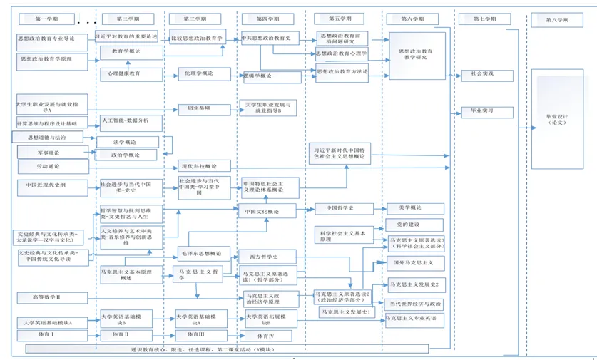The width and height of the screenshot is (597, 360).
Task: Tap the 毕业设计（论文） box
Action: [557, 119]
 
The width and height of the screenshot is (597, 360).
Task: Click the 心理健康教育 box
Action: [125, 73]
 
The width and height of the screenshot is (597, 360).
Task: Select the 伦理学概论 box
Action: [205, 73]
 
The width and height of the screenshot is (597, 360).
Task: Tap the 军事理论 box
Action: [49, 153]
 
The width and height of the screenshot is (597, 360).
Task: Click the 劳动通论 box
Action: [49, 167]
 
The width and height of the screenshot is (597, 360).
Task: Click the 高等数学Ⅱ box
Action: [47, 297]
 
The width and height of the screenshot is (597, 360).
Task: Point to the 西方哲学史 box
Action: [265, 257]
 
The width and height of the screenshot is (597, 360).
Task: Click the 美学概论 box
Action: [414, 208]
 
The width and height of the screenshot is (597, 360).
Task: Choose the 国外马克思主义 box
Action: [417, 262]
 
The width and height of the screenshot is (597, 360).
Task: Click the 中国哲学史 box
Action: [335, 208]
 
